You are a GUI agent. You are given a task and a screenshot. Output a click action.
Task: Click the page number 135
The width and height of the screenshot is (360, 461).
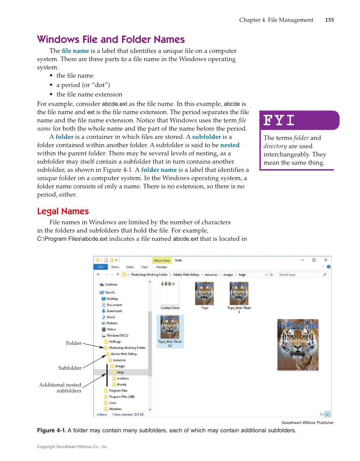329,20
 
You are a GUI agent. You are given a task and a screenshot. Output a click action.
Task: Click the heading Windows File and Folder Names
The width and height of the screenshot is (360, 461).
111,39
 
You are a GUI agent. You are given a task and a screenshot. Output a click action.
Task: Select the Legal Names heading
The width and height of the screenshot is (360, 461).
63,211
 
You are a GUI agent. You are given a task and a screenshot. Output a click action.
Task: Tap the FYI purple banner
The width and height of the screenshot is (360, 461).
299,120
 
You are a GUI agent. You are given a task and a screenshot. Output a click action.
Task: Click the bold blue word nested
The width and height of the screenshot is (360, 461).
230,145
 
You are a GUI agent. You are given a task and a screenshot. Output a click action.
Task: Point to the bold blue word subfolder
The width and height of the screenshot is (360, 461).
206,137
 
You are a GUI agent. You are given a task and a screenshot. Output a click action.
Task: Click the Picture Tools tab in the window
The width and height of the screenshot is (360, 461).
162,260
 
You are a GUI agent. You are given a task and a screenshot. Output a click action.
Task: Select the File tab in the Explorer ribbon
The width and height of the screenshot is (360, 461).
100,267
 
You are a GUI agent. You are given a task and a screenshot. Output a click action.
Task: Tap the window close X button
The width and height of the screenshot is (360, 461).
325,260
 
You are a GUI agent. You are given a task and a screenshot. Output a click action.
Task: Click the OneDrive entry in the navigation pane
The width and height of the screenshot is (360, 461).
111,285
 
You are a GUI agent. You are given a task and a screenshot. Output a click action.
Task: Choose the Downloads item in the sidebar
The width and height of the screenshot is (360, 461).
114,311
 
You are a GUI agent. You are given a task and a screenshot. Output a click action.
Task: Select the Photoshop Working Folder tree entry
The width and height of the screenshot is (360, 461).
127,348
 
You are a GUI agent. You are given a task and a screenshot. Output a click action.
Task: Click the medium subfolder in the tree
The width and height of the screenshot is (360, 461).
123,378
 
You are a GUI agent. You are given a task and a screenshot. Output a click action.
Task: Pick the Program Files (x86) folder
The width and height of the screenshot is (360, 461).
121,397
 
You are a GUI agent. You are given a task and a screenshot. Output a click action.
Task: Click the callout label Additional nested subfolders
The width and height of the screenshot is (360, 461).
60,388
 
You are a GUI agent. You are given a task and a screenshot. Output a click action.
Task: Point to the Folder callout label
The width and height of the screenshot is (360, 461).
73,343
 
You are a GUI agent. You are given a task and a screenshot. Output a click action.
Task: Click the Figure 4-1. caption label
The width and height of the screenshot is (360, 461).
51,430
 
